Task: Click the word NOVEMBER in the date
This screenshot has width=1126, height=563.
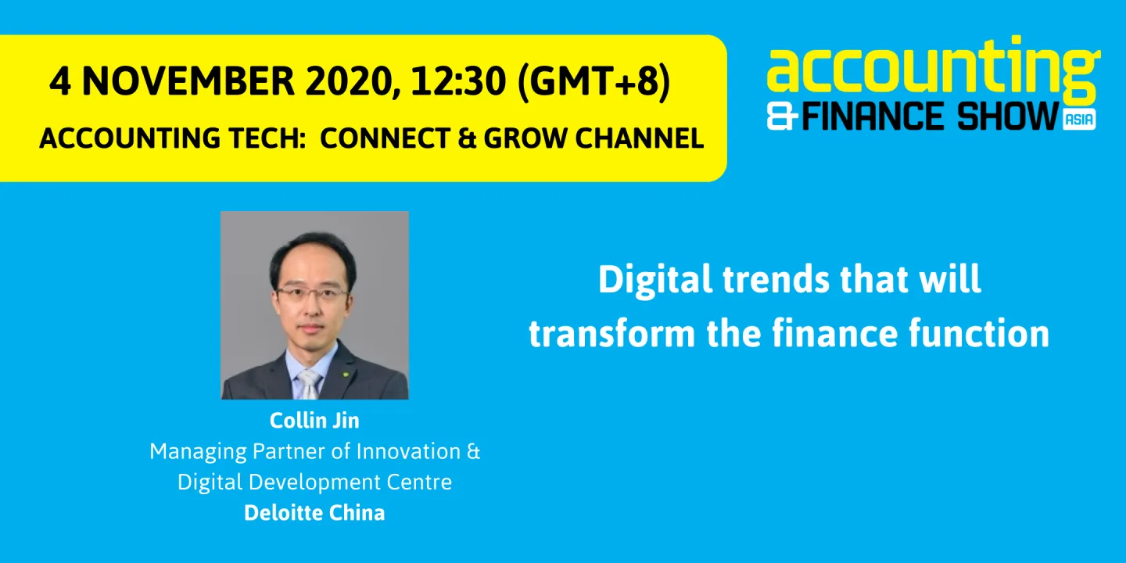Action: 187,82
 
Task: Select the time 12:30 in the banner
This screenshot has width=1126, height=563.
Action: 463,82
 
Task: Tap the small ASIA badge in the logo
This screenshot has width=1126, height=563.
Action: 1079,119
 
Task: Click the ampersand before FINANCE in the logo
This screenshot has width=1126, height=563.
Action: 782,117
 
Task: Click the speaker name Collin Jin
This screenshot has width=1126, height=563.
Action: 314,420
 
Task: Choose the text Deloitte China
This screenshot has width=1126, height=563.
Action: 314,513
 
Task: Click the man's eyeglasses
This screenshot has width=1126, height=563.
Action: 311,294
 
